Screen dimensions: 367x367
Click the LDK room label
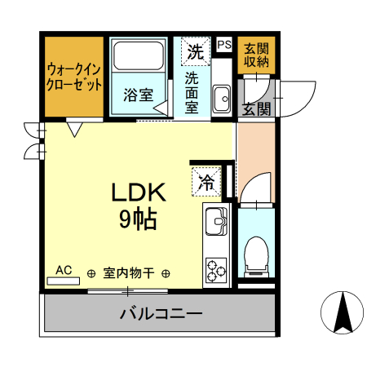[x=139, y=193]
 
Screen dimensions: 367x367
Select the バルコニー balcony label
[x=160, y=312]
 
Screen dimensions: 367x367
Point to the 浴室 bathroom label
[x=138, y=95]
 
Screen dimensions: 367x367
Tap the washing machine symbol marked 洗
[x=195, y=51]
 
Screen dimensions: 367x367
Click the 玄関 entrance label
[x=257, y=108]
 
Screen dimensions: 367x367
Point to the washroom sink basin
[x=221, y=100]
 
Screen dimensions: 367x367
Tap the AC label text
[x=63, y=269]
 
